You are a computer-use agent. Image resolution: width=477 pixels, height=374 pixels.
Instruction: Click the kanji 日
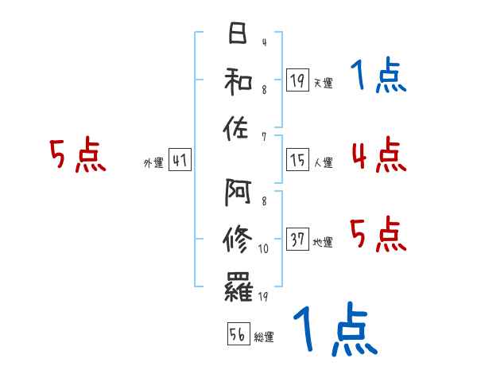pos(237,34)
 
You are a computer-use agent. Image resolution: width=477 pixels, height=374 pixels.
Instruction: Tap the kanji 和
pos(237,80)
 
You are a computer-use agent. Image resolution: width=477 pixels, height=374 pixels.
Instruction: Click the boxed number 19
pos(297,80)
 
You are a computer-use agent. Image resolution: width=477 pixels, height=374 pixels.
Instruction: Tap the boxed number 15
pos(297,161)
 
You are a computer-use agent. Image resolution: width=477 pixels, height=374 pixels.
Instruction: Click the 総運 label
pos(264,337)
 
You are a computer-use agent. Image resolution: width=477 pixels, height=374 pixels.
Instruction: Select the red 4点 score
pos(378,154)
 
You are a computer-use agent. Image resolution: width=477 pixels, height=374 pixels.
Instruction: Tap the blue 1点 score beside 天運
pos(378,76)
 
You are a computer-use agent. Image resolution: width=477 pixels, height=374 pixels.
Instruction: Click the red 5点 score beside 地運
pos(378,234)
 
